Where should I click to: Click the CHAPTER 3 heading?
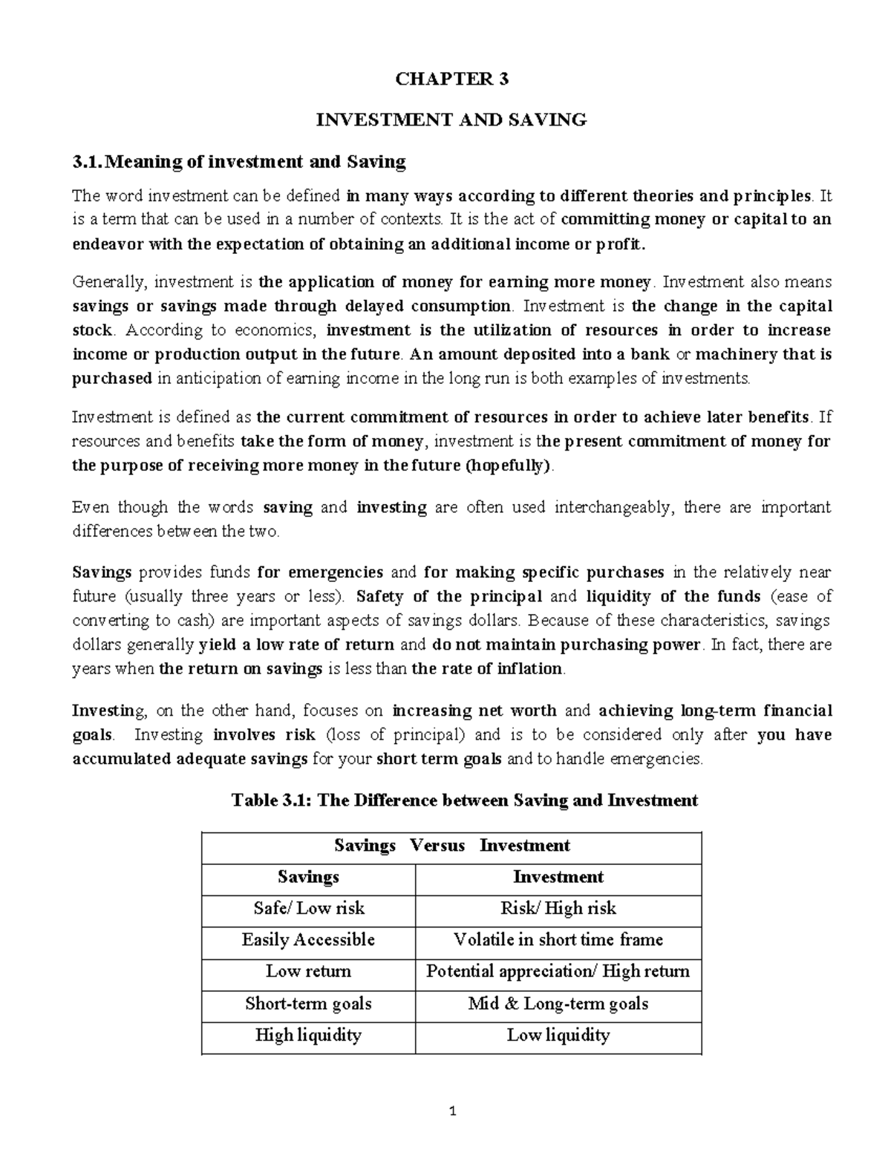click(x=451, y=79)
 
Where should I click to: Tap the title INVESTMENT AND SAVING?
click(x=451, y=120)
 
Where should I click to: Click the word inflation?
click(x=530, y=669)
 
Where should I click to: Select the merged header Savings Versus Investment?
click(x=451, y=846)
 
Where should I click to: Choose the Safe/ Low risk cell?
click(x=308, y=909)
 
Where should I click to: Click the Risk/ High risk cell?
click(x=558, y=909)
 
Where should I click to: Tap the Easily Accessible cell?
click(x=308, y=940)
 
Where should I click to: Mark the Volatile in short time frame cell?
click(x=558, y=940)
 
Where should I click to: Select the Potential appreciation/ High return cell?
click(x=558, y=972)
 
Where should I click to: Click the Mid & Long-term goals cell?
click(x=558, y=1005)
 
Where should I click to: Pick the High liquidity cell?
click(x=308, y=1036)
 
